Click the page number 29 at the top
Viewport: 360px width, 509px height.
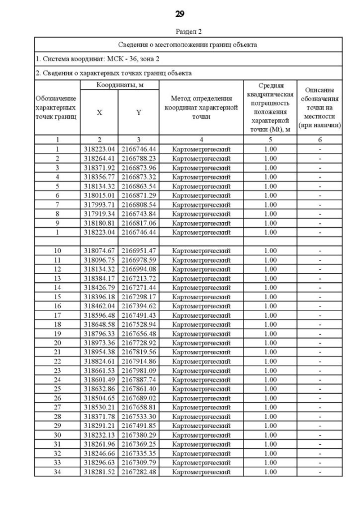pos(180,13)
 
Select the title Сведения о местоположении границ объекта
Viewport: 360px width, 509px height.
pos(188,44)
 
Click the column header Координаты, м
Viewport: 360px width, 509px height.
pos(118,84)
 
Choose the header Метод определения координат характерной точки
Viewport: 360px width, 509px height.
pos(201,107)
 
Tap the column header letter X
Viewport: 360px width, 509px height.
pos(100,112)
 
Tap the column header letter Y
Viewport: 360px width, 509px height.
pos(138,112)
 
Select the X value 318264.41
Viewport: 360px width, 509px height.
pos(100,159)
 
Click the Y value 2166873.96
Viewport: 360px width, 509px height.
pos(138,168)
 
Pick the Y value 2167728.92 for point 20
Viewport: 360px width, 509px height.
pos(138,343)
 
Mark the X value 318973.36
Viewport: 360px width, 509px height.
pos(100,343)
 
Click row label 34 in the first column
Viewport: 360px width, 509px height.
pos(57,471)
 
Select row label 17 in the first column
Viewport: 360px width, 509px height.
pos(57,315)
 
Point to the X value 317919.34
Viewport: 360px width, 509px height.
pos(100,214)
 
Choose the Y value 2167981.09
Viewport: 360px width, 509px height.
pos(138,370)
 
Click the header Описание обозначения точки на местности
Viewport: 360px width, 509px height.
pos(320,107)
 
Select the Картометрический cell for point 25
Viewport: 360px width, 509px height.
pos(201,389)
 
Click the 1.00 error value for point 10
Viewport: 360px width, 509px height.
pos(271,250)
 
